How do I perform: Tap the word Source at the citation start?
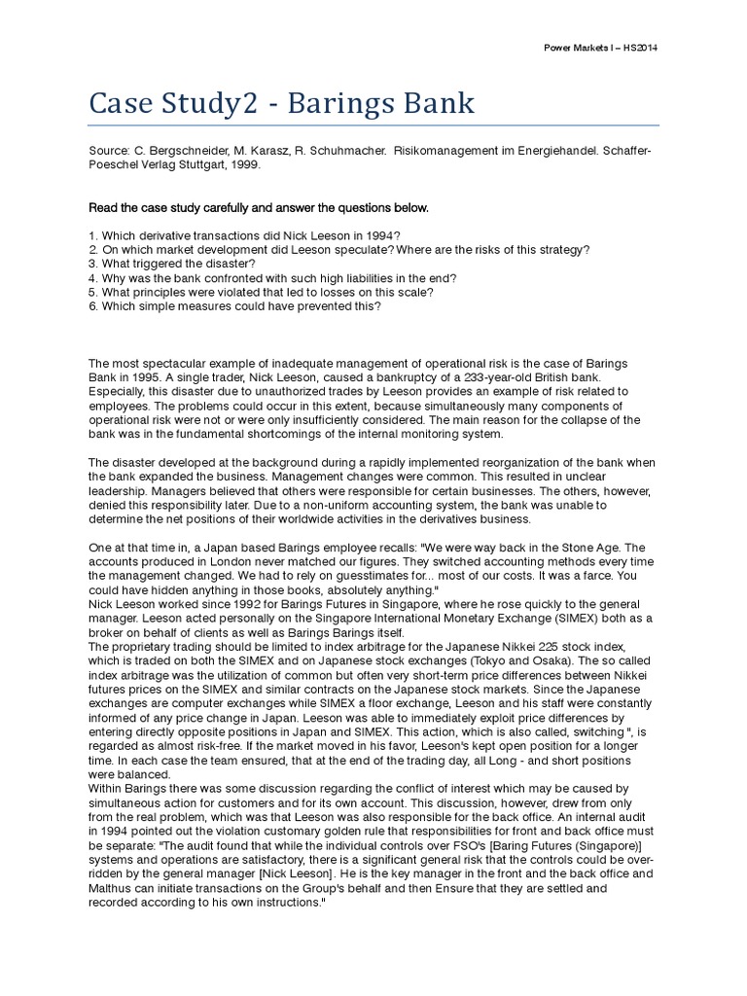(108, 153)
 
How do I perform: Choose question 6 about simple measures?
(234, 305)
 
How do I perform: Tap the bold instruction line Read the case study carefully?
(258, 208)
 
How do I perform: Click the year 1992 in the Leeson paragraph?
(222, 604)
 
